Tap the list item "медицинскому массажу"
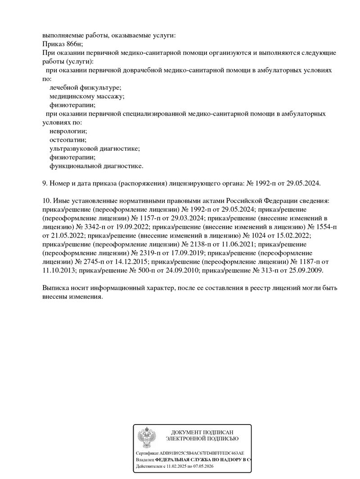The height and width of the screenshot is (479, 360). pos(86,96)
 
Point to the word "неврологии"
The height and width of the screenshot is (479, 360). pos(68,131)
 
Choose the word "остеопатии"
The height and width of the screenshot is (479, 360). pos(68,140)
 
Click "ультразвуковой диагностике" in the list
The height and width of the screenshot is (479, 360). pos(94,148)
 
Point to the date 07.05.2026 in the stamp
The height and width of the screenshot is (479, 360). pos(203,467)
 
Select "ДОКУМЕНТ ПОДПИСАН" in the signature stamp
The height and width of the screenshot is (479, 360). pos(202,432)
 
